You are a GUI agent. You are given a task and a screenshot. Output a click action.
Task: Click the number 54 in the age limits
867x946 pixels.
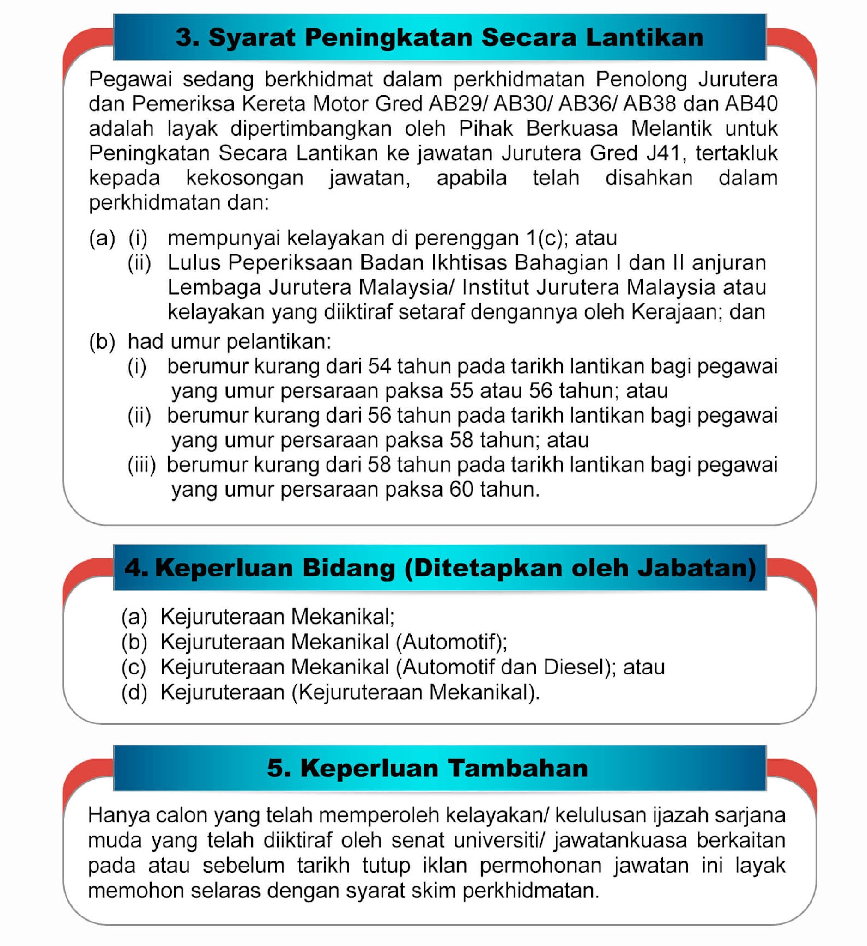coord(379,366)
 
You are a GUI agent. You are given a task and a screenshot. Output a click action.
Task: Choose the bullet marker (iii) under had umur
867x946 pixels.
coord(141,465)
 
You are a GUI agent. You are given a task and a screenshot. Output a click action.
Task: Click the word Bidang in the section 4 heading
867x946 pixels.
coord(348,568)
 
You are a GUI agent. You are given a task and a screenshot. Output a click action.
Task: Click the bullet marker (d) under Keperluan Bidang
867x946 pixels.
coord(133,692)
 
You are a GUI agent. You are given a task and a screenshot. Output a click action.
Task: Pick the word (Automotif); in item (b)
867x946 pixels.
coord(451,642)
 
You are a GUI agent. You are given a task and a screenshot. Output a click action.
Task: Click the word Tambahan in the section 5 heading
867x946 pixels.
coord(517,768)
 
